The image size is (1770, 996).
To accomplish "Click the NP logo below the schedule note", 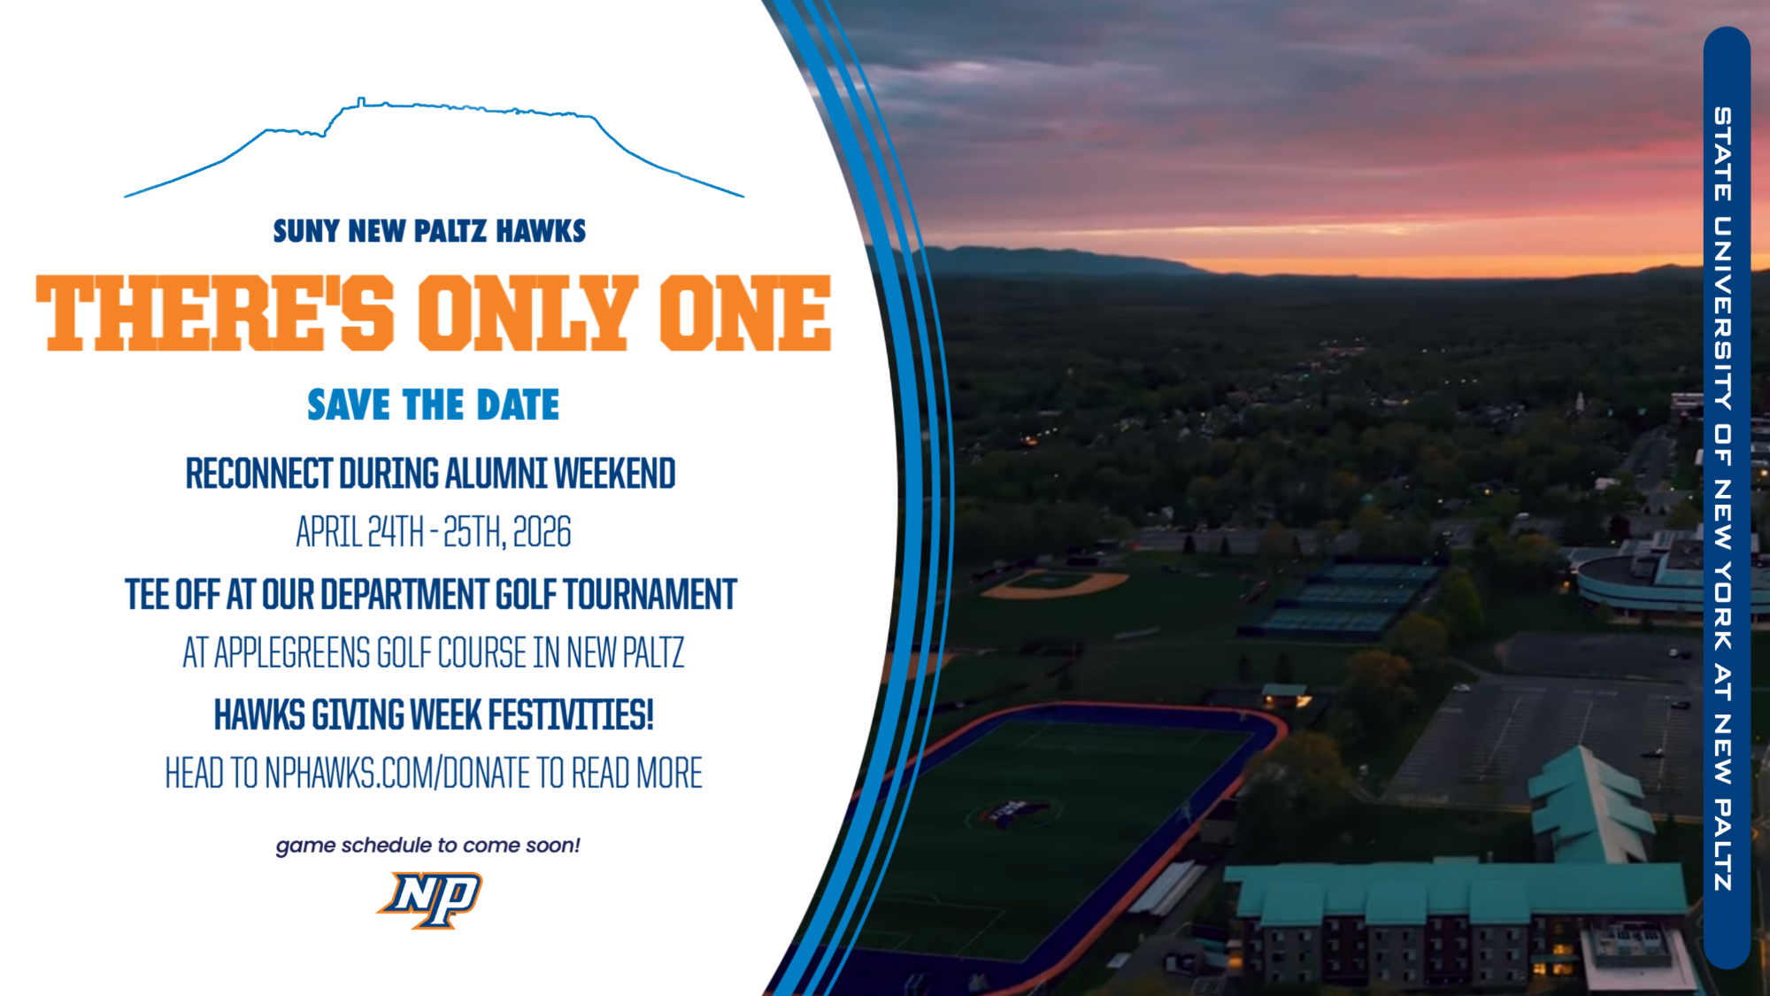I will click(x=430, y=899).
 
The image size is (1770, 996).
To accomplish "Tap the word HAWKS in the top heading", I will click(x=541, y=231).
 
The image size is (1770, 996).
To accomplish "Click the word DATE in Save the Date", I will click(x=518, y=405).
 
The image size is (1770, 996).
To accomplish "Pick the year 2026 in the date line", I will click(x=542, y=532).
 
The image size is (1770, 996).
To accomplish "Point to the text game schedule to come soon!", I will click(x=428, y=845).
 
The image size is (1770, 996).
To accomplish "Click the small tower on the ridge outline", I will click(x=360, y=102).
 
